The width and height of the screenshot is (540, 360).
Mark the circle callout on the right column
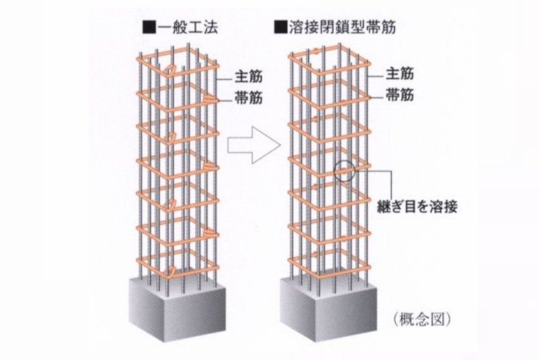[x=345, y=171]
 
